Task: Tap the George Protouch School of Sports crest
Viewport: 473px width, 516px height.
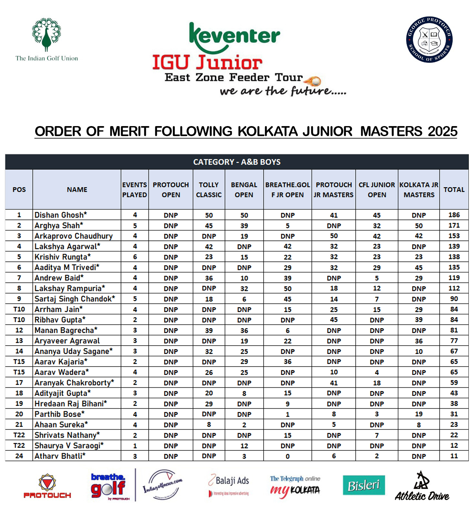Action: point(429,40)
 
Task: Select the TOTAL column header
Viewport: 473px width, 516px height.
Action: point(454,190)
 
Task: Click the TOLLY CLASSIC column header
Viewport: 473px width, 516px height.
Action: point(209,190)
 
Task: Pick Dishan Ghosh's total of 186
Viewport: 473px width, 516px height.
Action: point(454,215)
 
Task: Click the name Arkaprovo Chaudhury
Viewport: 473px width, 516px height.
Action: point(74,236)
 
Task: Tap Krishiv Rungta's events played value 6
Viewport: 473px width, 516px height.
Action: point(135,257)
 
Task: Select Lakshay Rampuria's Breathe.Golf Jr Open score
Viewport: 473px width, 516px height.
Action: point(287,289)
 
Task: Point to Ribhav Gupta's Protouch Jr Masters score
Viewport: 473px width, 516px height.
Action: point(334,320)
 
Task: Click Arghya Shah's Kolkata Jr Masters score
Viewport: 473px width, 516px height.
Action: point(418,226)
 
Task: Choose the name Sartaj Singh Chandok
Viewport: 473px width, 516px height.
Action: point(75,299)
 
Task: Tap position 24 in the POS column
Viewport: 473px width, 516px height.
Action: point(19,456)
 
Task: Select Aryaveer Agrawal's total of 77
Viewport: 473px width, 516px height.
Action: point(454,341)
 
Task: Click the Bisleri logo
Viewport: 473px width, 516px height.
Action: point(364,485)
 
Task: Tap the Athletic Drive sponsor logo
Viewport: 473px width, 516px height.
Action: point(422,487)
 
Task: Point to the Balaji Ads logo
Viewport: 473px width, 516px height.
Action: point(229,485)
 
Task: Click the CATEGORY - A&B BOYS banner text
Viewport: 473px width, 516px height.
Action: point(237,162)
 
